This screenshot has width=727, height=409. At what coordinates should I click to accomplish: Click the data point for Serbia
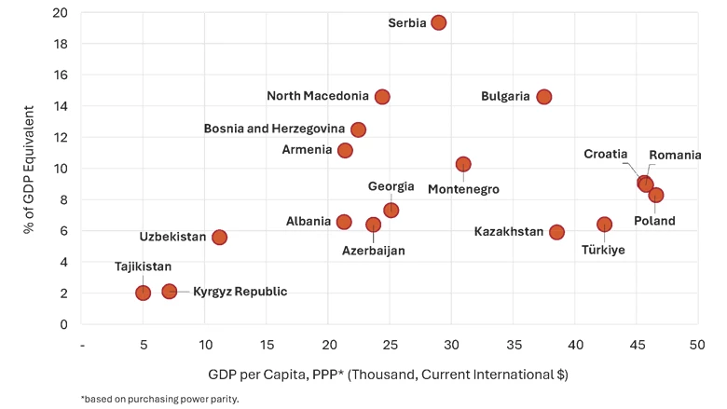pyautogui.click(x=439, y=22)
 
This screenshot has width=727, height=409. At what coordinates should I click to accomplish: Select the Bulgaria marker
pyautogui.click(x=544, y=97)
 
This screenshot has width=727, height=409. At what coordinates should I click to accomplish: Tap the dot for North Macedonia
pyautogui.click(x=382, y=97)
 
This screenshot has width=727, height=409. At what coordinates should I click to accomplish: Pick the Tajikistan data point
pyautogui.click(x=143, y=293)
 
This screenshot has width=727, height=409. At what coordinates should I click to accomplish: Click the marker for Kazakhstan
pyautogui.click(x=556, y=232)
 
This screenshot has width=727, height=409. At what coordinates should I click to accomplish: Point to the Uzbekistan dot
pyautogui.click(x=219, y=237)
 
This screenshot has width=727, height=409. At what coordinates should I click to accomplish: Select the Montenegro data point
pyautogui.click(x=463, y=164)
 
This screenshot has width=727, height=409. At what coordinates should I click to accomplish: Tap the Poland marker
pyautogui.click(x=656, y=195)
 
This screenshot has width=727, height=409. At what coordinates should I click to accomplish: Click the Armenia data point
pyautogui.click(x=345, y=150)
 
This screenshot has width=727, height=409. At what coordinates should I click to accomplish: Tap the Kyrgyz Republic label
pyautogui.click(x=240, y=292)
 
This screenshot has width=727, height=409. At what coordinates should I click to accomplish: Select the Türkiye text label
pyautogui.click(x=603, y=250)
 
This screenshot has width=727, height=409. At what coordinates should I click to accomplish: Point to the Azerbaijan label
pyautogui.click(x=373, y=250)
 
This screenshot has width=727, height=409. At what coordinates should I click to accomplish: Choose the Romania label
pyautogui.click(x=675, y=155)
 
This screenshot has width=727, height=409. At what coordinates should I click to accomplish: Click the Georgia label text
pyautogui.click(x=391, y=186)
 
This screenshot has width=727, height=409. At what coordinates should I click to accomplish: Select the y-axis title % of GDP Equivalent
pyautogui.click(x=30, y=168)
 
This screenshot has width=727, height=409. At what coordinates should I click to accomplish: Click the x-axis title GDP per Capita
pyautogui.click(x=389, y=374)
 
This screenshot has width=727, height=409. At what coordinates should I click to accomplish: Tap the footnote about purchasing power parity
pyautogui.click(x=159, y=398)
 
